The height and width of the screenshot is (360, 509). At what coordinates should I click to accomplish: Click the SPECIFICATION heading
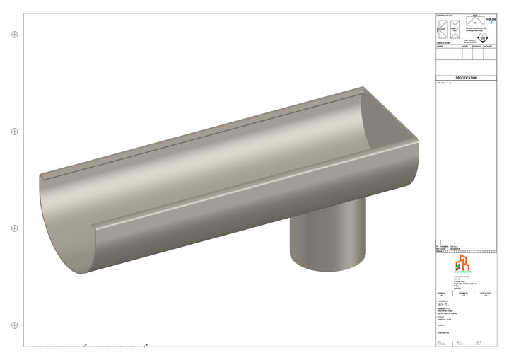tap(466, 79)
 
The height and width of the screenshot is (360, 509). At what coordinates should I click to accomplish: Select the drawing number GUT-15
tap(443, 303)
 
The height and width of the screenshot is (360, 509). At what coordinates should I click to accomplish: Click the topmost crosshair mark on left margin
tap(14, 34)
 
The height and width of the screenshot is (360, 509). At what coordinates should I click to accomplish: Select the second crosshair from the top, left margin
tap(14, 132)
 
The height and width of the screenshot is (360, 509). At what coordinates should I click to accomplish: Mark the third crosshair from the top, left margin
tap(14, 228)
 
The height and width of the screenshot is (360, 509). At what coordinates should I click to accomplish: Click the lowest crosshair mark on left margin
tap(14, 325)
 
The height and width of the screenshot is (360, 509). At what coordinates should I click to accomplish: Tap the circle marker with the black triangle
tap(482, 38)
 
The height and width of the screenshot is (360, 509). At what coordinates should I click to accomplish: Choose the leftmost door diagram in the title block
tap(443, 30)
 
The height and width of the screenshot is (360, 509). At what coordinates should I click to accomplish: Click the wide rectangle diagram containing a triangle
tap(475, 21)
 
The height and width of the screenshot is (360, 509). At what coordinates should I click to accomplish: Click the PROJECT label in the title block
tap(442, 325)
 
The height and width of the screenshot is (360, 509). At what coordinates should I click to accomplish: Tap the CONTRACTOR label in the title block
tap(443, 333)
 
